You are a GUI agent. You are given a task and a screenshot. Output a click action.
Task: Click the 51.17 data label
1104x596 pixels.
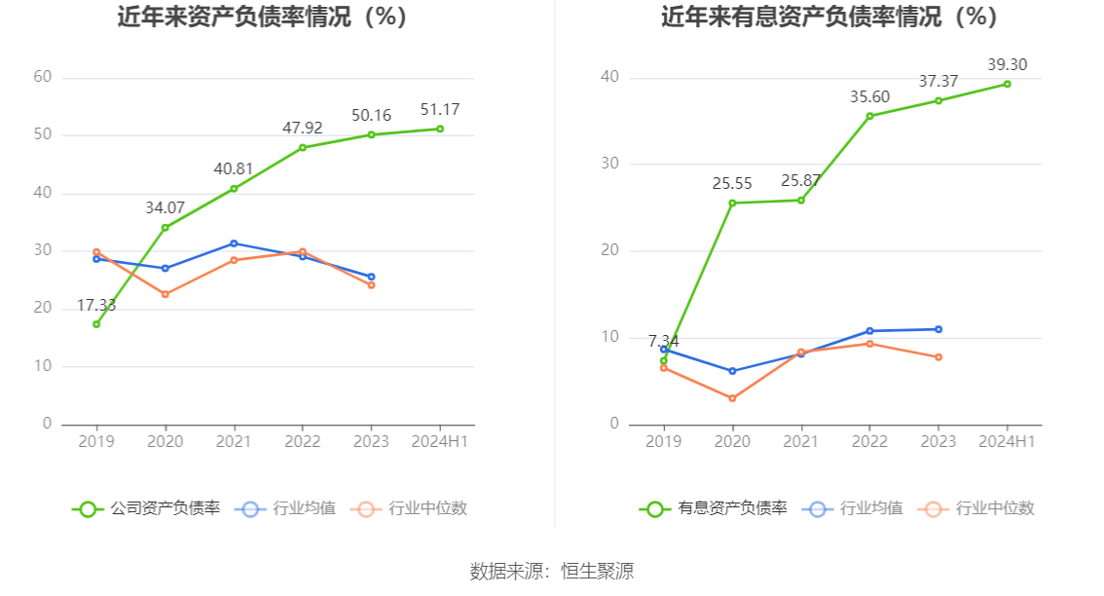click(x=439, y=109)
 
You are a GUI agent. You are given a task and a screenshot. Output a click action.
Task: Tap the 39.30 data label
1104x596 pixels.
click(x=1007, y=64)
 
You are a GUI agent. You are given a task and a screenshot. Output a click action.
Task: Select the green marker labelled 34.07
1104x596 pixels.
click(x=166, y=228)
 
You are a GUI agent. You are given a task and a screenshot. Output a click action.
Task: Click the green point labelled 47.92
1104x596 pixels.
click(x=303, y=148)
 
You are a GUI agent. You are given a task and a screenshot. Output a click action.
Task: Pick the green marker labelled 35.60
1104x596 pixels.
click(x=869, y=116)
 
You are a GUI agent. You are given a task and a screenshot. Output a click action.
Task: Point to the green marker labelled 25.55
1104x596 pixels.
click(x=732, y=203)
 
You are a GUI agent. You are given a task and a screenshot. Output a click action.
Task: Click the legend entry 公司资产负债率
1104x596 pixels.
click(x=147, y=508)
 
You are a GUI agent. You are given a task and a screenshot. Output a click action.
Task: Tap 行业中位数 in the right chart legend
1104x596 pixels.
click(x=979, y=508)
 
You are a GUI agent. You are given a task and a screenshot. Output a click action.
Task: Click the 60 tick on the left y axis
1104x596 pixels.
click(x=42, y=77)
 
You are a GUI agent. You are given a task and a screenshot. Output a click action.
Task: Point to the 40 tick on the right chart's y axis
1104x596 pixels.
click(x=609, y=77)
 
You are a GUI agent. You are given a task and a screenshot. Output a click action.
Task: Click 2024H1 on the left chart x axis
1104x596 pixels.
click(x=439, y=441)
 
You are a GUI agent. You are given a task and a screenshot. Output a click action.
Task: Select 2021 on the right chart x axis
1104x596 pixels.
click(x=801, y=441)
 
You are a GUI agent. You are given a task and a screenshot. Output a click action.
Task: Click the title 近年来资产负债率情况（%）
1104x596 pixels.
click(x=263, y=18)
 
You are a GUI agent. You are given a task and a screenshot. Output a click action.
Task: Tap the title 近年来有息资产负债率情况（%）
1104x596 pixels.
click(x=830, y=18)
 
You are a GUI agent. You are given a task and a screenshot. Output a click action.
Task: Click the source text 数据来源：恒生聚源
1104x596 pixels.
click(x=552, y=571)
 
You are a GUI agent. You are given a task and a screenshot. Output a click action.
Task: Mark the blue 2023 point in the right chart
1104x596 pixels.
click(x=938, y=329)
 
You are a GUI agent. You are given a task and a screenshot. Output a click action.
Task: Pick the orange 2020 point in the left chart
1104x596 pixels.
click(x=166, y=294)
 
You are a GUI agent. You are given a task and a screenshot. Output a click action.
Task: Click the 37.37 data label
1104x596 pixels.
click(x=938, y=81)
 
